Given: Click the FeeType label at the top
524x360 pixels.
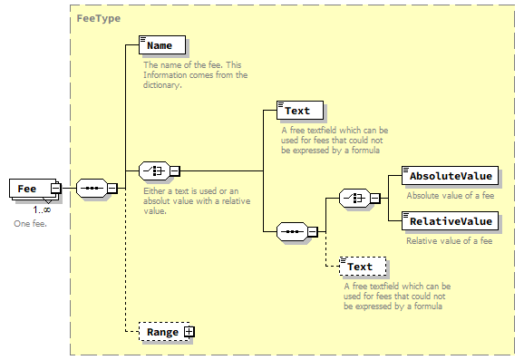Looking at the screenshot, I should (98, 18).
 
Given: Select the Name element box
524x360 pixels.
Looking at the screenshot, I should (162, 44).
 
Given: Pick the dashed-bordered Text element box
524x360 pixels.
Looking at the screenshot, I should (362, 267).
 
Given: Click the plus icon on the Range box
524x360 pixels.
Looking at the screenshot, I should (189, 332).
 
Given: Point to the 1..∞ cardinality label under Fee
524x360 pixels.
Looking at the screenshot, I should (42, 209).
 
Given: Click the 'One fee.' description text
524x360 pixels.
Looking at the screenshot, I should (30, 222).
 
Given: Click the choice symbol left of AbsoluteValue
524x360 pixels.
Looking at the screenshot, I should (353, 199).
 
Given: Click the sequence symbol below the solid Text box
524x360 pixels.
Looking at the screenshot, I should (290, 230).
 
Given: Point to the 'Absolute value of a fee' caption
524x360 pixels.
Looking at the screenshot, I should (449, 195).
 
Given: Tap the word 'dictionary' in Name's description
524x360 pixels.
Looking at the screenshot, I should (162, 85).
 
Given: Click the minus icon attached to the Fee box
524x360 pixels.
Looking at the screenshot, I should (56, 188).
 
